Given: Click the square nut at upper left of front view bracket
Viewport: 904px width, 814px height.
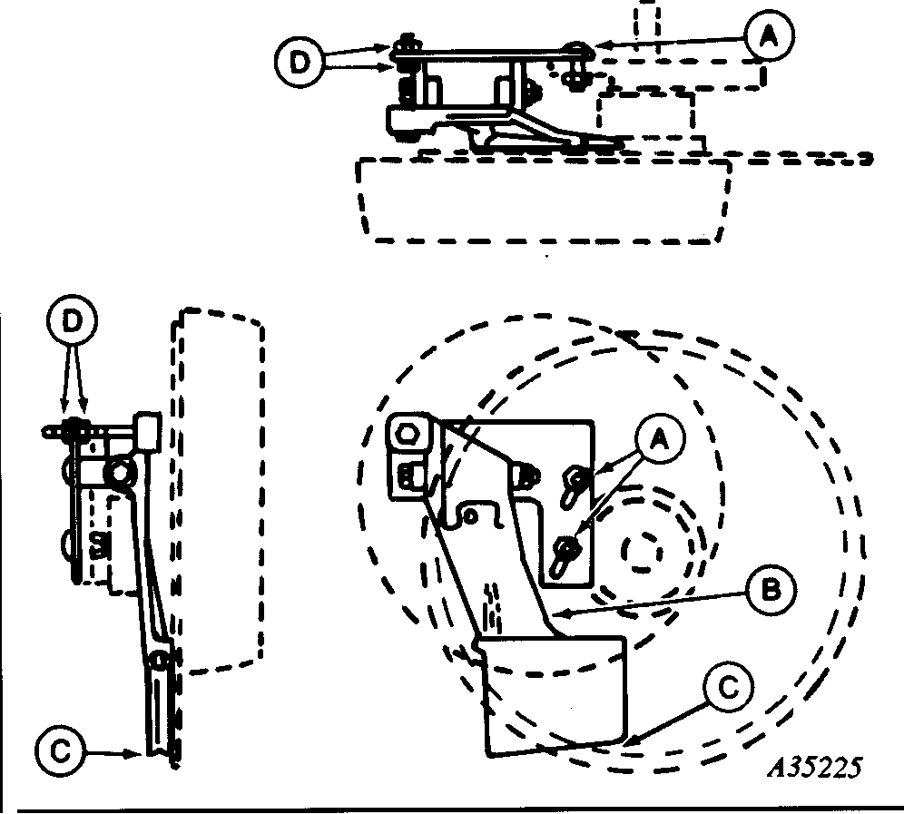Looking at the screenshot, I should coord(408,433).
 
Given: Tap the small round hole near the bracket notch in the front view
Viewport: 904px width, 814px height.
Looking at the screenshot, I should coord(471,515).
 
